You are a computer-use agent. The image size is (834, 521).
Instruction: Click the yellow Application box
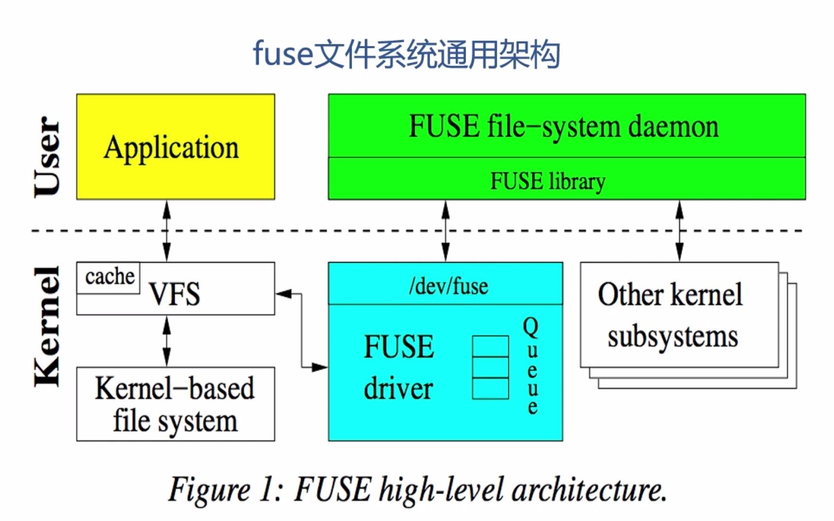[x=175, y=147]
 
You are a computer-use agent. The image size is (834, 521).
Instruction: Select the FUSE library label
[x=548, y=181]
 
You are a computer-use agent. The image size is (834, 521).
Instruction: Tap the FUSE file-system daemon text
[x=564, y=126]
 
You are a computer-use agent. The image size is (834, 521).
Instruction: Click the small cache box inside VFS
[x=109, y=277]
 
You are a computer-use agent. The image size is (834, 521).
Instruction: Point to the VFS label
[x=175, y=294]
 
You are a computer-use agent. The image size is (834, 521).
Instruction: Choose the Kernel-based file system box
[x=175, y=404]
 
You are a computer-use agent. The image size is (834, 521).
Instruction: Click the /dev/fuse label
[x=448, y=286]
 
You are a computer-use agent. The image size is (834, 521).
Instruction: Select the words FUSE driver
[x=399, y=367]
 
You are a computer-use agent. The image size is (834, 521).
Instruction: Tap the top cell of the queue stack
[x=490, y=346]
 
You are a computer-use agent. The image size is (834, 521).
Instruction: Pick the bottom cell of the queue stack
[x=490, y=388]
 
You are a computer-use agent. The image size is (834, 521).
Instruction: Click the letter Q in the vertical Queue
[x=530, y=327]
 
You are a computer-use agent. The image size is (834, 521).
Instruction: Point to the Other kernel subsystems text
[x=671, y=315]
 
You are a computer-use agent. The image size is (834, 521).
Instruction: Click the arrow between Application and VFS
[x=167, y=231]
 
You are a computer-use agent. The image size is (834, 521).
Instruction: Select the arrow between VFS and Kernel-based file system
[x=167, y=341]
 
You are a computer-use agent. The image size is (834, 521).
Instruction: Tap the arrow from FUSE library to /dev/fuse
[x=445, y=231]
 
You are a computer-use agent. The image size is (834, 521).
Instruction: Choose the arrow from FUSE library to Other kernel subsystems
[x=680, y=231]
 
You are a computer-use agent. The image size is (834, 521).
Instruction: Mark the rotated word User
[x=47, y=156]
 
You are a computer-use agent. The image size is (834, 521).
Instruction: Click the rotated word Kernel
[x=47, y=327]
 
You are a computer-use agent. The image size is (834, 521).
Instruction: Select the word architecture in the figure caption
[x=589, y=490]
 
